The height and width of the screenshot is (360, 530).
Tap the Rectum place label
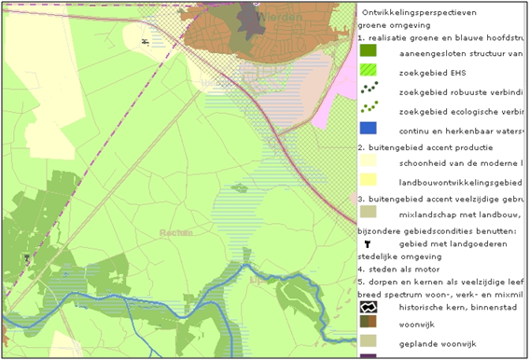coord(174,232)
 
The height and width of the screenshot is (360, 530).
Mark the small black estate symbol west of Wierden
coord(145,42)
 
